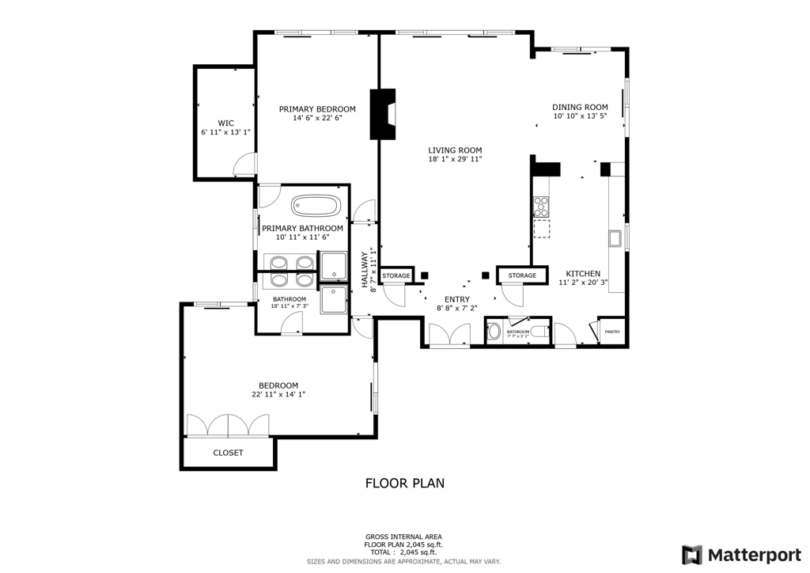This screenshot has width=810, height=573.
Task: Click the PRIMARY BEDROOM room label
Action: tap(316, 109)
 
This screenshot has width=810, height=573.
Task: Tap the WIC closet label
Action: tap(226, 123)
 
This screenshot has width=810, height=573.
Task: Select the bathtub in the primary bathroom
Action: tap(316, 207)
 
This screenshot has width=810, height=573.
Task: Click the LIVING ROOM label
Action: tap(455, 150)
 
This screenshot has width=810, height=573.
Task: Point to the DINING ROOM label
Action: tap(580, 107)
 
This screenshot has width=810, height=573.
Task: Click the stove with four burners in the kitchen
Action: tap(542, 207)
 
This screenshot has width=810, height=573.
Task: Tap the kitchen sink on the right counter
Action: tap(615, 238)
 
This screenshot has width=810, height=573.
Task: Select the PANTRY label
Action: tap(612, 332)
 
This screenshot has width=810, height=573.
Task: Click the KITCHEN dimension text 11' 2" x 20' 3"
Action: tap(583, 282)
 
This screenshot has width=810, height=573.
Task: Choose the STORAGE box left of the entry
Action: tap(396, 275)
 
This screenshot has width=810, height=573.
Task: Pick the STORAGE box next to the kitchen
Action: tap(522, 275)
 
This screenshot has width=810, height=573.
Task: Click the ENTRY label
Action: tap(456, 299)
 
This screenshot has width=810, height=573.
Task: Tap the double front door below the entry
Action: tap(449, 335)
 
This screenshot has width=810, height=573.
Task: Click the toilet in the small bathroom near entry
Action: tap(539, 332)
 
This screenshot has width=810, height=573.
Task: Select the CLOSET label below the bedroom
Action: tap(228, 453)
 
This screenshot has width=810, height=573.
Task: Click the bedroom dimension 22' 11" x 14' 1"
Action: tap(278, 394)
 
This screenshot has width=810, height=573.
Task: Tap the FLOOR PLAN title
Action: tap(404, 483)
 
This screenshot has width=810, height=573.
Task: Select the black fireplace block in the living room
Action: tap(384, 113)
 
